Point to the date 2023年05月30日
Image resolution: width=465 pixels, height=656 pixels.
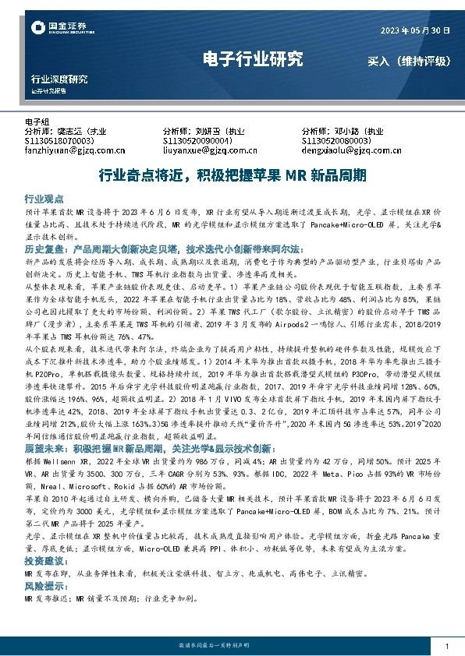click(415, 32)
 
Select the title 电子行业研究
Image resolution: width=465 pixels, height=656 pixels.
click(252, 58)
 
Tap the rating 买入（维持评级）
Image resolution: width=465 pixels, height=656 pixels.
click(410, 60)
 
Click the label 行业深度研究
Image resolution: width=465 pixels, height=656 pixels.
click(59, 79)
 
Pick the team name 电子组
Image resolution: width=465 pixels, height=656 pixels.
click(37, 122)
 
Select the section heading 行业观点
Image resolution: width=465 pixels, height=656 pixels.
click(44, 199)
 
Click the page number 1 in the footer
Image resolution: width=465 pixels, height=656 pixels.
click(445, 647)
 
